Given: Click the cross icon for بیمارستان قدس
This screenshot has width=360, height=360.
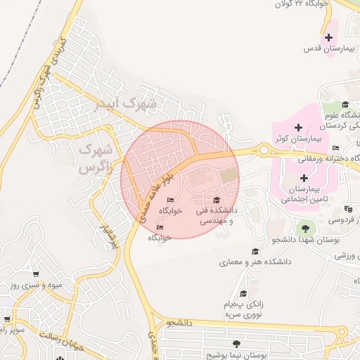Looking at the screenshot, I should [x=328, y=37].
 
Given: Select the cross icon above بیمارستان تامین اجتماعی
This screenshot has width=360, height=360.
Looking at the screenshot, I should [x=303, y=178].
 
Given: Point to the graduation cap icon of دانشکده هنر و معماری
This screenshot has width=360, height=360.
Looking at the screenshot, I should [x=255, y=251].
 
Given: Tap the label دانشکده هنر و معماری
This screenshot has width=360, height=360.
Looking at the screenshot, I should [x=245, y=263].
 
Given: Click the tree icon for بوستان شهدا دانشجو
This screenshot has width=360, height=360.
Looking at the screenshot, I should [x=305, y=227].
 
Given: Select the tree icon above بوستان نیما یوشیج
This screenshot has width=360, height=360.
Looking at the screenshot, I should [x=236, y=344].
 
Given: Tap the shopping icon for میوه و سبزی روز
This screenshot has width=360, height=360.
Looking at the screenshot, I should [x=35, y=273].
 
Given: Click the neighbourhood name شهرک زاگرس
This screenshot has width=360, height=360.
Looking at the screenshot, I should [x=96, y=158].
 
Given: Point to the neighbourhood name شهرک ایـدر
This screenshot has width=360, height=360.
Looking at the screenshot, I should [x=127, y=104].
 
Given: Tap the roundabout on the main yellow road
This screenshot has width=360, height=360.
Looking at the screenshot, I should [x=264, y=150].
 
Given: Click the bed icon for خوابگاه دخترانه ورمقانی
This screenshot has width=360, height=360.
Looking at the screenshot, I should [x=335, y=148].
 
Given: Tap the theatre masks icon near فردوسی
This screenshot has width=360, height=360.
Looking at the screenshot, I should [x=348, y=209].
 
